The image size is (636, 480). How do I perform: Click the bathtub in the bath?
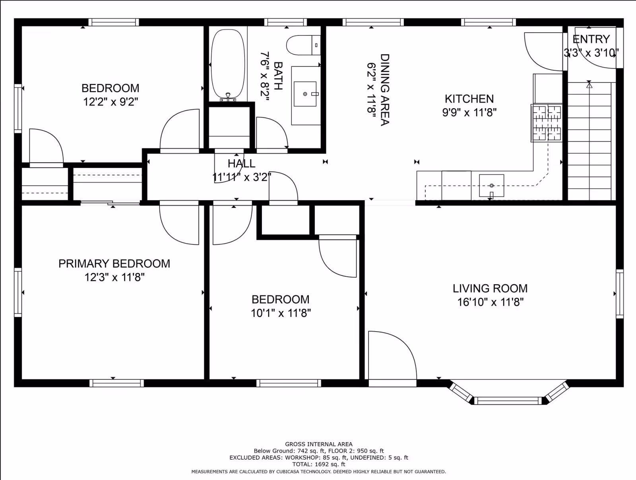[228, 64]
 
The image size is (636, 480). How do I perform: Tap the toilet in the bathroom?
[303, 45]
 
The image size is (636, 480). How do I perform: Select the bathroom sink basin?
[305, 94]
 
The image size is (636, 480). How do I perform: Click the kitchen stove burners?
[547, 123]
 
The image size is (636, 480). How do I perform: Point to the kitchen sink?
[491, 185]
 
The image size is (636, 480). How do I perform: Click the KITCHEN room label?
[469, 99]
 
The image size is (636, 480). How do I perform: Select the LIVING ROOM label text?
[490, 289]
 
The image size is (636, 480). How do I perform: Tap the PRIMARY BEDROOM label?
[114, 263]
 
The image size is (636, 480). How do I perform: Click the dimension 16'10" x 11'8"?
[490, 302]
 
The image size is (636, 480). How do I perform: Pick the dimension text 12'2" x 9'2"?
[111, 102]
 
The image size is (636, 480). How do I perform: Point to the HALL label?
[241, 164]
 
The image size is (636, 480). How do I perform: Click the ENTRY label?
[591, 39]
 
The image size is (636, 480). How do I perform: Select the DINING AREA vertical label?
[385, 90]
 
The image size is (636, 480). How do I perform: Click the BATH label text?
[278, 76]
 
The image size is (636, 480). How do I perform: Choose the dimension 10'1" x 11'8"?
[281, 313]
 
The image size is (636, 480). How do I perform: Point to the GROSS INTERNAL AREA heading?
[319, 444]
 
